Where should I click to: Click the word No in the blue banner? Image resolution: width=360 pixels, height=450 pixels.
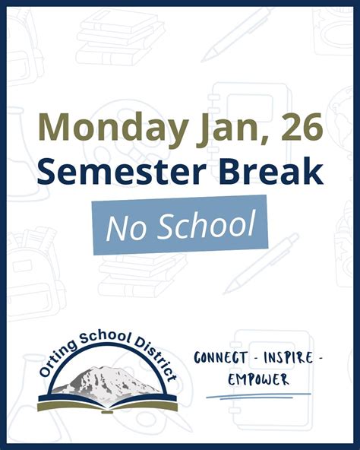(x=123, y=227)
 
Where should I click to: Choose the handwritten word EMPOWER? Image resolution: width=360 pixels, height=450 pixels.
(x=258, y=379)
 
